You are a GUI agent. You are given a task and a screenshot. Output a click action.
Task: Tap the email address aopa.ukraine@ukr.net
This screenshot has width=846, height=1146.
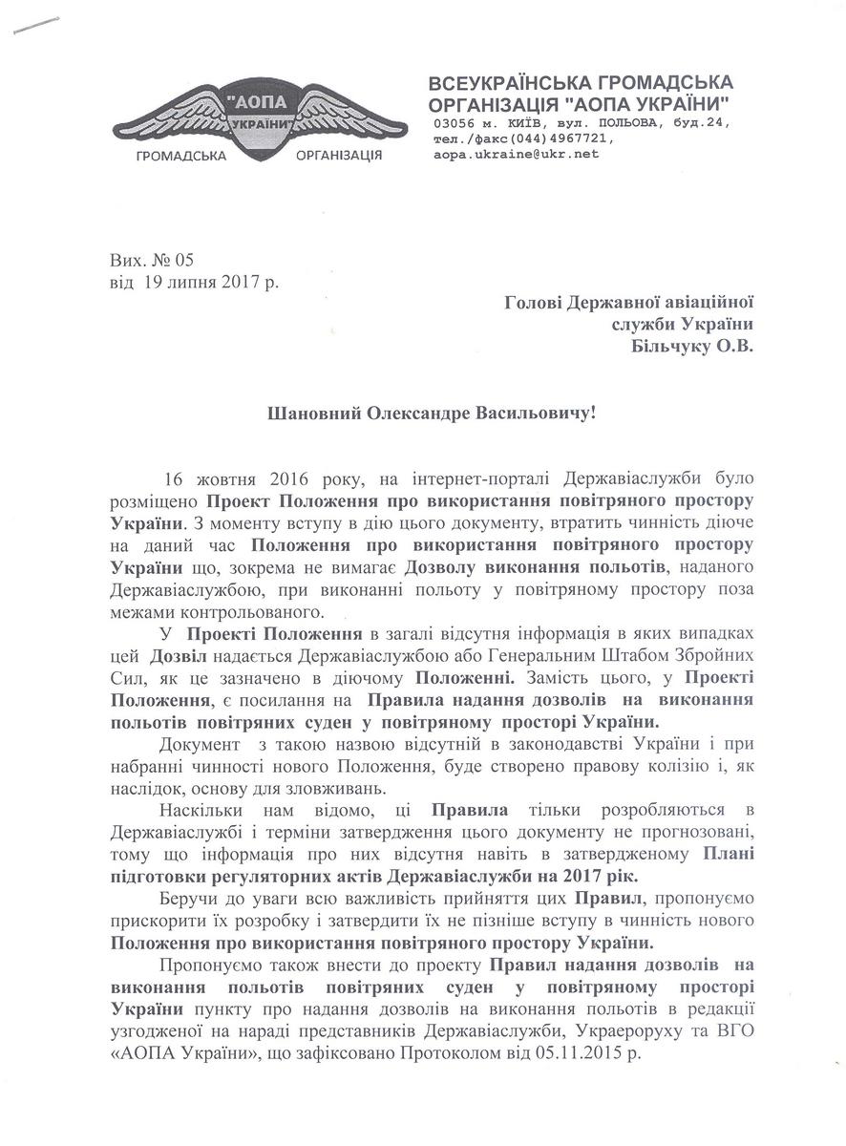(515, 153)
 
